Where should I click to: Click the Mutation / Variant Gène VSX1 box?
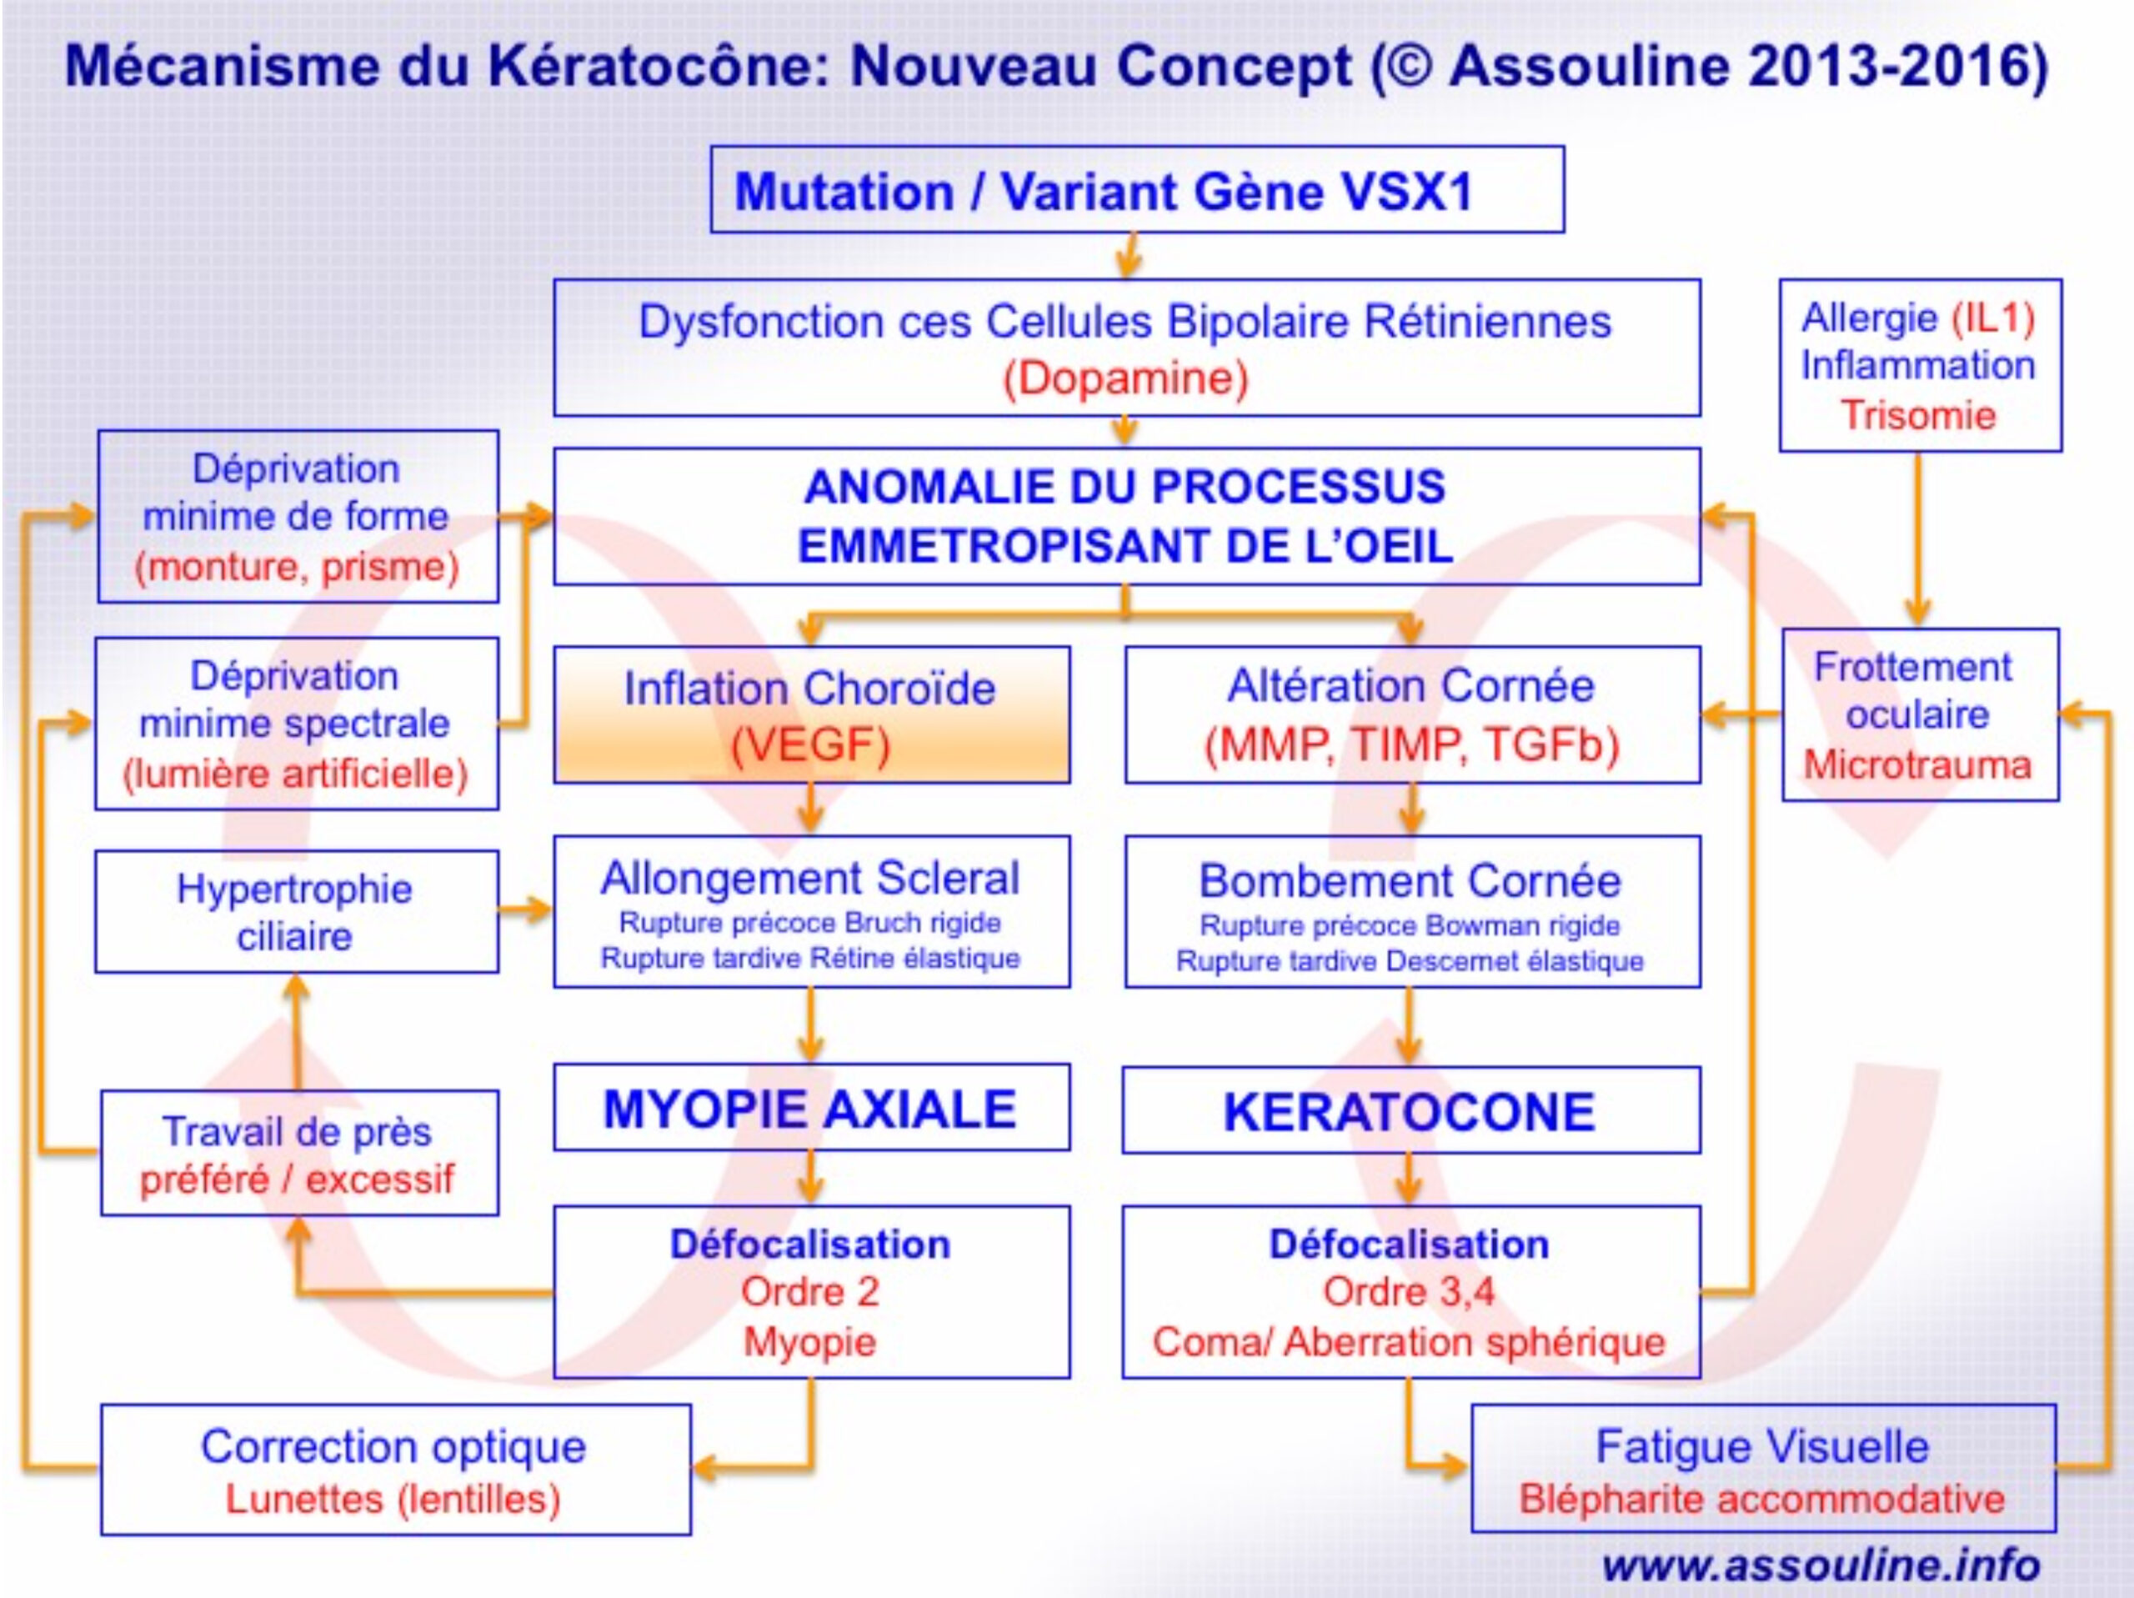(x=1137, y=189)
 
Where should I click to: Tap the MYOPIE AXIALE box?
(x=811, y=1107)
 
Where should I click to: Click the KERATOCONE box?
(x=1411, y=1110)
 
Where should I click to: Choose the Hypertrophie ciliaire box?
(x=296, y=911)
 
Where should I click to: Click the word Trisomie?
(x=1918, y=415)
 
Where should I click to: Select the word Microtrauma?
(x=1918, y=764)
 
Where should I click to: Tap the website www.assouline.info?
(x=1821, y=1564)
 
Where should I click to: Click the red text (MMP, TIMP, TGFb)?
(x=1411, y=744)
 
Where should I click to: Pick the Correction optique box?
(x=396, y=1470)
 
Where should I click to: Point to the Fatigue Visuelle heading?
(x=1762, y=1445)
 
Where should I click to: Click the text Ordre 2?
(x=810, y=1292)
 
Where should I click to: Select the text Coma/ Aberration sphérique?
(x=1410, y=1341)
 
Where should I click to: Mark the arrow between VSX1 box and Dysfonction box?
(x=1128, y=256)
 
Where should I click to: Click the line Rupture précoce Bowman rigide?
(x=1410, y=924)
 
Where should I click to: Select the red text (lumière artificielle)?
(x=295, y=773)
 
